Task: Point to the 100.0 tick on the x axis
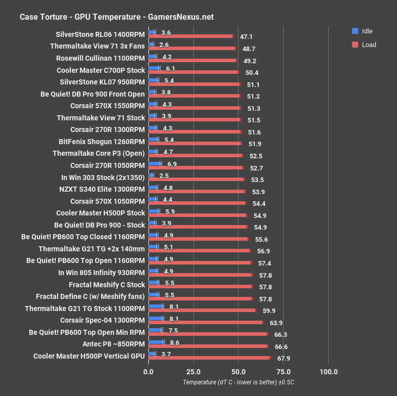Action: (x=329, y=372)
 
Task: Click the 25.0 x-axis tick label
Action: (x=193, y=372)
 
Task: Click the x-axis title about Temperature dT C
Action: (x=239, y=382)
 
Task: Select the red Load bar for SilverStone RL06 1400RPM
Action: (x=190, y=36)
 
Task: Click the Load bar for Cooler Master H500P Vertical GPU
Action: (x=209, y=358)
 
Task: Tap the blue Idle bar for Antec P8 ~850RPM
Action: (x=156, y=342)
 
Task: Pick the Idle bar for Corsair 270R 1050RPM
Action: (x=154, y=163)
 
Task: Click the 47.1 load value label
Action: (x=246, y=37)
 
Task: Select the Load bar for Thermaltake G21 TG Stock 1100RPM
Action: (x=202, y=310)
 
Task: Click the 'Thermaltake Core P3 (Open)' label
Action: (x=99, y=153)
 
